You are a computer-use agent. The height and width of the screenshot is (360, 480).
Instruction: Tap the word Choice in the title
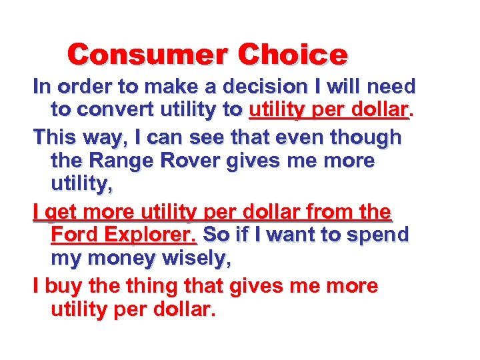point(293,54)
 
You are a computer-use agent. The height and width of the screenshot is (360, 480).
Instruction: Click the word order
point(83,87)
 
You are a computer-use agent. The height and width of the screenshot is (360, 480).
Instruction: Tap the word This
point(57,137)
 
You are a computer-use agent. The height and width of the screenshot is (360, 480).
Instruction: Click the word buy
point(59,286)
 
